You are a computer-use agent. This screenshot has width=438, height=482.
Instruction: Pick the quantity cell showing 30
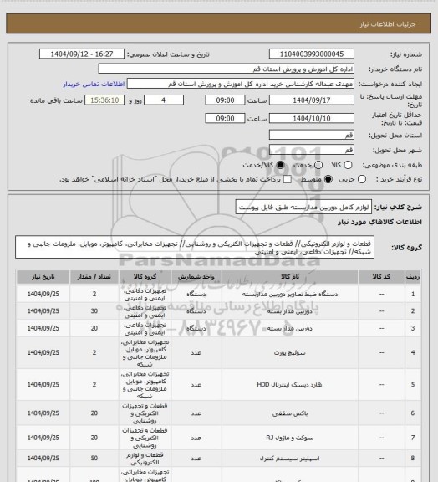pos(94,310)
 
